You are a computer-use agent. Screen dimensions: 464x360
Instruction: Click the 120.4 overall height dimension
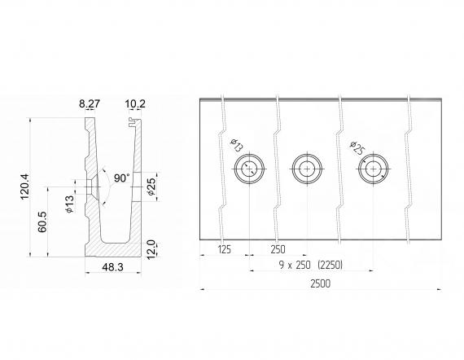point(25,187)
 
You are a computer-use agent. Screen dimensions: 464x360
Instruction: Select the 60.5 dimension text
point(42,222)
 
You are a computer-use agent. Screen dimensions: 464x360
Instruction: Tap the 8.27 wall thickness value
point(90,104)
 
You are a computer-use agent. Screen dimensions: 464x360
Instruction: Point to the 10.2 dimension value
point(135,104)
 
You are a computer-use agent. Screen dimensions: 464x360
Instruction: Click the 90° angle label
point(122,178)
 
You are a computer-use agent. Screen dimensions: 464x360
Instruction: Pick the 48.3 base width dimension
point(113,267)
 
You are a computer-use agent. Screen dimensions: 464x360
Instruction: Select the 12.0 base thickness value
point(151,249)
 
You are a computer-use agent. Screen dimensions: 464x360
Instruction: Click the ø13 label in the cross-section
point(69,204)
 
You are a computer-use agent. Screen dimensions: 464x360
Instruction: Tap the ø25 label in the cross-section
point(151,187)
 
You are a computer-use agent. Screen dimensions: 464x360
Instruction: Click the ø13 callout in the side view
point(236,145)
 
